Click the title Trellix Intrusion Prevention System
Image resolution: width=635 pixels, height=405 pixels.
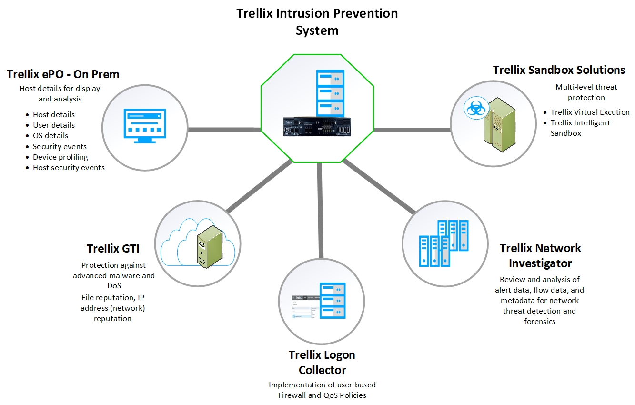pos(317,21)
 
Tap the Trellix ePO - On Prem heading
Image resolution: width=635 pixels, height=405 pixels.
pos(63,74)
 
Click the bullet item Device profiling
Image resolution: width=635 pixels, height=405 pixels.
pos(60,157)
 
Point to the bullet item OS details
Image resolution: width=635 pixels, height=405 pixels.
pos(50,136)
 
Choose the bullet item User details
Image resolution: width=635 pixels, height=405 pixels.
pos(53,125)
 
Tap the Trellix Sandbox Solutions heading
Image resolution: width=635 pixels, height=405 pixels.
pos(559,70)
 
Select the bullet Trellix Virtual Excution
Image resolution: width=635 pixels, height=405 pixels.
pos(590,112)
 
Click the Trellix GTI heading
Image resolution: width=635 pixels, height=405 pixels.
pos(113,248)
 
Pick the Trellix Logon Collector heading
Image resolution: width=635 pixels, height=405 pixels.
pos(322,362)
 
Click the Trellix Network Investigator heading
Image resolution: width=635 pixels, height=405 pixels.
pos(540,255)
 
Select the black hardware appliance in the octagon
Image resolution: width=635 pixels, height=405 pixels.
pos(318,128)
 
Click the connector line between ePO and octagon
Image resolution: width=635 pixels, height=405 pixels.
pos(225,130)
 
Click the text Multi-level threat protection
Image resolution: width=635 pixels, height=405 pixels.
pos(580,92)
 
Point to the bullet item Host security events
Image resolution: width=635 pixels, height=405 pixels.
pos(69,168)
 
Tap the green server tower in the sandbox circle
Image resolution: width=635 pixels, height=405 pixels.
pos(497,125)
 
